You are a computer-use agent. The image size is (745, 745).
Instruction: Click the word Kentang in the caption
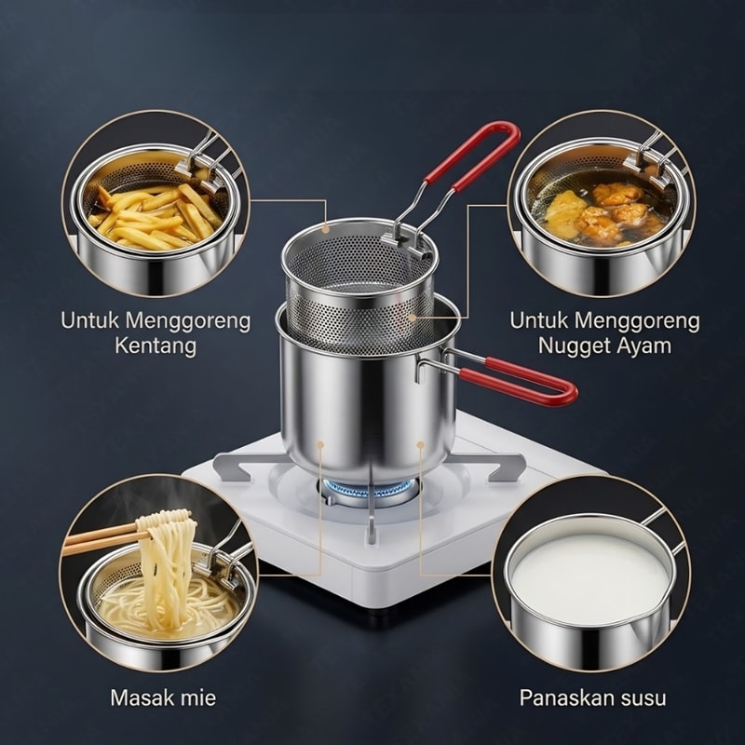(156, 345)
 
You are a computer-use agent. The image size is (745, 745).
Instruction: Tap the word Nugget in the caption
(574, 345)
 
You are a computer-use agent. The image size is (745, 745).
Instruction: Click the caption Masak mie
(163, 698)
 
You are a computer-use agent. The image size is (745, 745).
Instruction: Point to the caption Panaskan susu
(592, 698)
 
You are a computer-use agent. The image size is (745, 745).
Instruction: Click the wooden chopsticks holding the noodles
(102, 539)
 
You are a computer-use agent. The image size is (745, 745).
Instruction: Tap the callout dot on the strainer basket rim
(325, 228)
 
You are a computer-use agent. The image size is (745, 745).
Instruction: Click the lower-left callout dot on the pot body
(320, 445)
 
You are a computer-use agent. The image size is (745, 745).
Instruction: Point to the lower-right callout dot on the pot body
(421, 445)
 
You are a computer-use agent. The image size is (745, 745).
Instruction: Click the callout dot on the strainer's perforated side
(412, 317)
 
